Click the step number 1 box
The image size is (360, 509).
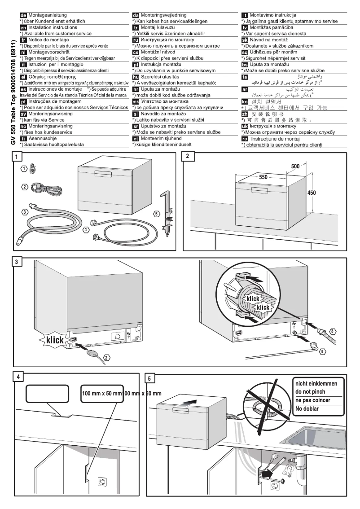click(17, 157)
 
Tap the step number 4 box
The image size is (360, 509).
click(17, 377)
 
